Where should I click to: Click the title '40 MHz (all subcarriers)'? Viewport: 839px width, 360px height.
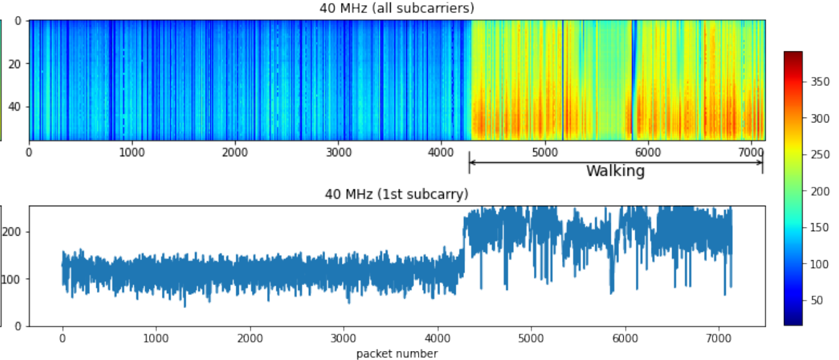tap(396, 8)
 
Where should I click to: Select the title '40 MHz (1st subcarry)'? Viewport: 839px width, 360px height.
tap(396, 194)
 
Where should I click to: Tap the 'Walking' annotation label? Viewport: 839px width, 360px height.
tap(615, 171)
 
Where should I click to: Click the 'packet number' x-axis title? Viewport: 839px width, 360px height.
tap(397, 354)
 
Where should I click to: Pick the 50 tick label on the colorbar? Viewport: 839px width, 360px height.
tap(817, 301)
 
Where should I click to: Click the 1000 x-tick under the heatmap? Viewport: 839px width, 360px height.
tap(132, 151)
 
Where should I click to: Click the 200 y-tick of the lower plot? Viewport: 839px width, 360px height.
tap(14, 232)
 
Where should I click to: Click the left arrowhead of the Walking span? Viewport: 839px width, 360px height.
tap(471, 162)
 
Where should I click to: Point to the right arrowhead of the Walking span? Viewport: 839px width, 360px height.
tap(761, 162)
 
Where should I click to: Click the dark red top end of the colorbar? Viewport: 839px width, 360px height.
tap(793, 54)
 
